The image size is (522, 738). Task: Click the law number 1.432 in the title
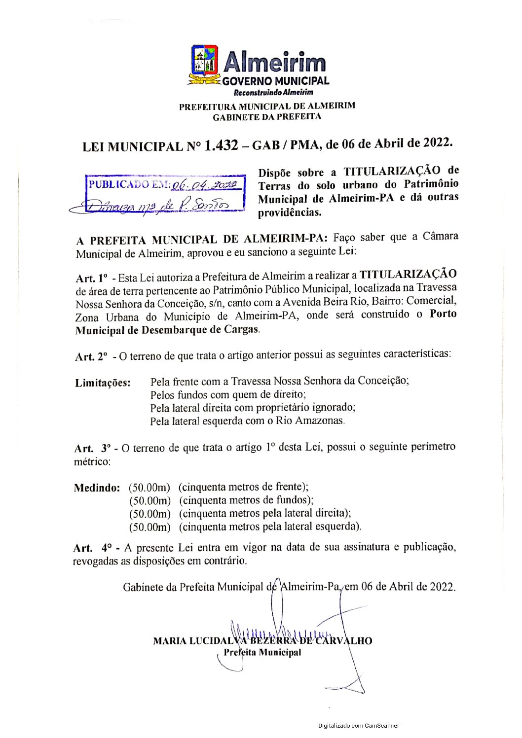coord(221,145)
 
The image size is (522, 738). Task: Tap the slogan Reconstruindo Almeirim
coord(273,92)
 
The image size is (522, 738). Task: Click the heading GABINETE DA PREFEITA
coord(267,117)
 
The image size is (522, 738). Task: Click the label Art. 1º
coord(91,278)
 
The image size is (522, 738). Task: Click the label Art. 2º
coord(91,356)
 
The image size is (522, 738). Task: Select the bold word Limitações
coord(103,383)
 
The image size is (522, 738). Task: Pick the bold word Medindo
coord(97,488)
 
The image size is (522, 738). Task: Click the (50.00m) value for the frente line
coord(149,488)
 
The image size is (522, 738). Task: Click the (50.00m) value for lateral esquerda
coord(149,527)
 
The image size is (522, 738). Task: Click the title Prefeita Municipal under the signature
coord(262,653)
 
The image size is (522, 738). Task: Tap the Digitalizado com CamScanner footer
coord(358,726)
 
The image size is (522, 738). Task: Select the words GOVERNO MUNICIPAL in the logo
coord(275,81)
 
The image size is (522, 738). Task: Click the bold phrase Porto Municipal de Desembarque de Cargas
coord(167,330)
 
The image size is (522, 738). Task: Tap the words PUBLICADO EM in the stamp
coord(130,184)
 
